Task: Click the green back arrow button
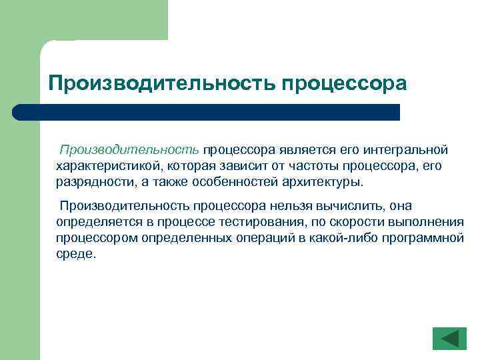[449, 338]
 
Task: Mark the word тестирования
[255, 222]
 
